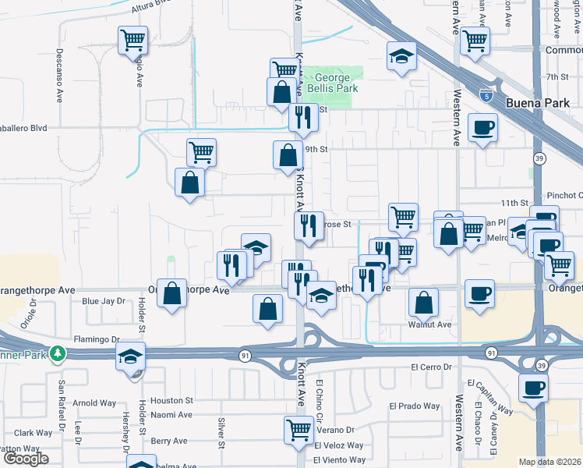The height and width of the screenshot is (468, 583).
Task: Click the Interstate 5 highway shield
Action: (x=486, y=96)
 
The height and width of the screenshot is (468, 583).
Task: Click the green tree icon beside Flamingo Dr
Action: (x=57, y=353)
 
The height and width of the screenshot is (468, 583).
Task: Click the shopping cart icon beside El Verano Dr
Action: (x=299, y=428)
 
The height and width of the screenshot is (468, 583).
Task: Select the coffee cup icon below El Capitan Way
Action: (x=533, y=387)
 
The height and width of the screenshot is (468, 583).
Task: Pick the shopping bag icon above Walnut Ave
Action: (x=423, y=302)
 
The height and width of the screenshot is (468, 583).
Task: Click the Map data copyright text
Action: (x=550, y=462)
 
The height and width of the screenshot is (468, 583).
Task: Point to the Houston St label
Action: (x=171, y=399)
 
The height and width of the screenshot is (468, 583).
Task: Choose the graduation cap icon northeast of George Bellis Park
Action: (x=401, y=55)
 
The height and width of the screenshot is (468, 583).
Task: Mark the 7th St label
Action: (x=557, y=77)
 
